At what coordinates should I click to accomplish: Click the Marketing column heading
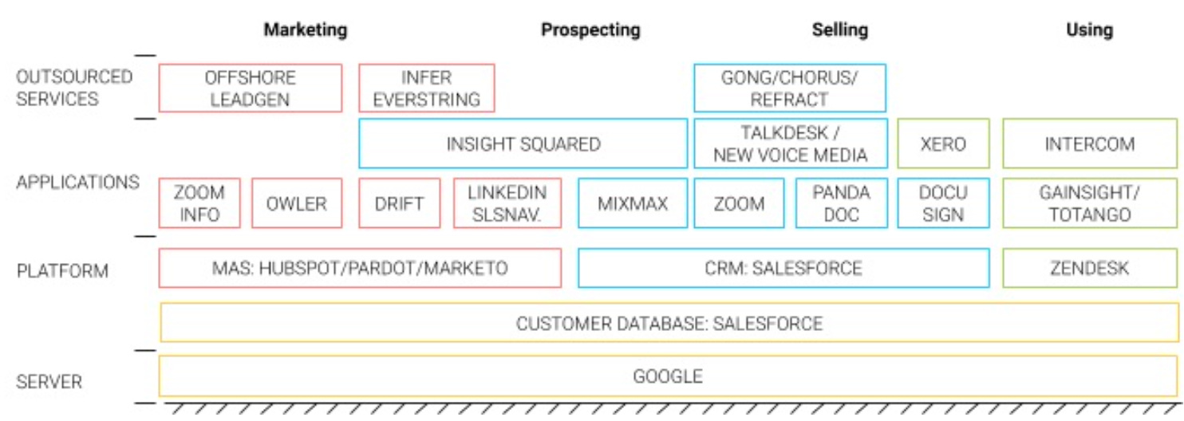tap(306, 30)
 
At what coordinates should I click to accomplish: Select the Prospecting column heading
tap(590, 30)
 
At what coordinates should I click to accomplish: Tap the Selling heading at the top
tap(840, 30)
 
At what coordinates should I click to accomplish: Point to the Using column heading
tap(1089, 30)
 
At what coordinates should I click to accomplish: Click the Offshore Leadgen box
tap(251, 89)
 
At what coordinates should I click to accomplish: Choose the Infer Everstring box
tap(427, 89)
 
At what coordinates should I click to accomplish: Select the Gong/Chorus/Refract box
tap(790, 89)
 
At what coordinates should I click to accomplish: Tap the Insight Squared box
tap(523, 144)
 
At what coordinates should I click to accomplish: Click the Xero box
tap(943, 144)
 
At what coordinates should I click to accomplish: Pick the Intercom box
tap(1090, 144)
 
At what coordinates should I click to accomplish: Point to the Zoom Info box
tap(199, 203)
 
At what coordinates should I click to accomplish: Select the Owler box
tap(297, 203)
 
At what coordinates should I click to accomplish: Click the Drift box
tap(400, 203)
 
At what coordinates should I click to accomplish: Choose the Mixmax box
tap(633, 203)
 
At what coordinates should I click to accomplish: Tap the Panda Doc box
tap(841, 203)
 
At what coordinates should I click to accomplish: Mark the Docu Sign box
tap(943, 203)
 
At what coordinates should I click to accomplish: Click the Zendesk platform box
tap(1090, 268)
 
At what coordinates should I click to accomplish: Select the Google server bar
tap(669, 376)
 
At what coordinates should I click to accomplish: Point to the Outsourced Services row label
tap(74, 89)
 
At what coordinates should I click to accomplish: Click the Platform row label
tap(62, 271)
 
